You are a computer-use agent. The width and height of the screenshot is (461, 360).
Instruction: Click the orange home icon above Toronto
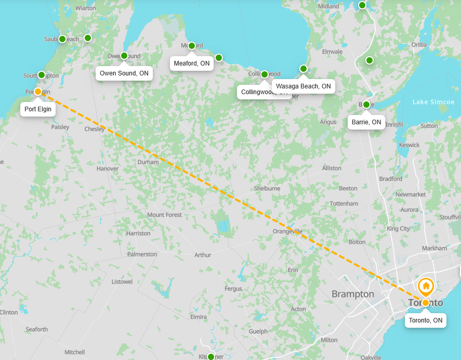(x=426, y=286)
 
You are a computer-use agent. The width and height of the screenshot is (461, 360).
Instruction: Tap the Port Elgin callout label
(x=37, y=109)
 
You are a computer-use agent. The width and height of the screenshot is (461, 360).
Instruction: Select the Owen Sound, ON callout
(x=124, y=73)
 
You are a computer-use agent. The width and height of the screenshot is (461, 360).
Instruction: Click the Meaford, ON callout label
(x=192, y=63)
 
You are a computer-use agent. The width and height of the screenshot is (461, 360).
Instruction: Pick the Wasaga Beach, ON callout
(x=304, y=86)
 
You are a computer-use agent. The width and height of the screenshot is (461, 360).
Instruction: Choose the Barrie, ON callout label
(x=366, y=122)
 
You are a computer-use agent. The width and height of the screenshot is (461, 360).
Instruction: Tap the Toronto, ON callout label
(x=426, y=320)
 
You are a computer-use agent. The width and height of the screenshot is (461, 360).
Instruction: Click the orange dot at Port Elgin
(x=38, y=92)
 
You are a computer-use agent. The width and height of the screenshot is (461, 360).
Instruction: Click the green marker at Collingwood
(x=265, y=74)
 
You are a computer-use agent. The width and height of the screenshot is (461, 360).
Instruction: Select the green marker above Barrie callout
(x=366, y=105)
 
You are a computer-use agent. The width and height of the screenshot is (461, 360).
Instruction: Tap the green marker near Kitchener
(x=210, y=357)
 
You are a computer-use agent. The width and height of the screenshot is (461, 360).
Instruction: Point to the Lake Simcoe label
(x=433, y=102)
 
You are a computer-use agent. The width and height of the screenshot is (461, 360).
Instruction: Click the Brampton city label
(x=353, y=294)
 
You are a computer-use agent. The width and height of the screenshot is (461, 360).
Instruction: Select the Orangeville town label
(x=288, y=231)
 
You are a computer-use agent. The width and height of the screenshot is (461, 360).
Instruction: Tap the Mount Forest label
(x=165, y=215)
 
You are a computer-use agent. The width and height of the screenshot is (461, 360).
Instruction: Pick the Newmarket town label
(x=411, y=195)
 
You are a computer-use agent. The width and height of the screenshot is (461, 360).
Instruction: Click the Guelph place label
(x=258, y=331)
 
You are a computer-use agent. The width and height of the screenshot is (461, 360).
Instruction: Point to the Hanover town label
(x=108, y=169)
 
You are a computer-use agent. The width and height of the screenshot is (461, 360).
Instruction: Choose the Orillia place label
(x=419, y=45)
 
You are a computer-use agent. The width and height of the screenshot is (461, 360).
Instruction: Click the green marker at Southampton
(x=42, y=75)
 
